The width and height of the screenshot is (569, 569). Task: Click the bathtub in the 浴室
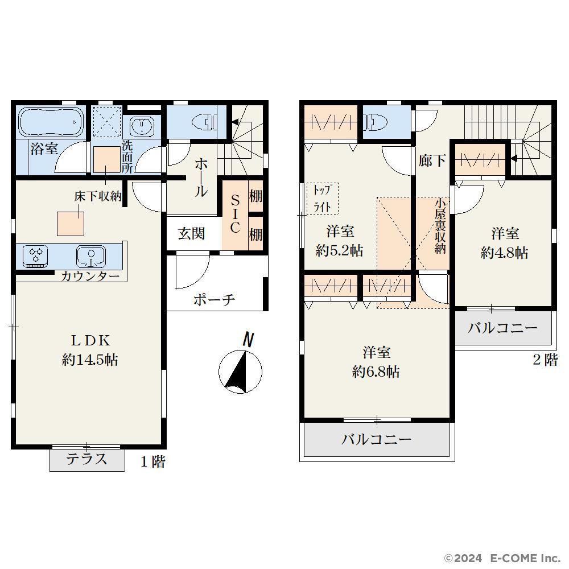coord(51,122)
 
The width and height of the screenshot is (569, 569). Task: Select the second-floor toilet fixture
coord(375,122)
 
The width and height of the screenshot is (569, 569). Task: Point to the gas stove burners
coord(35,255)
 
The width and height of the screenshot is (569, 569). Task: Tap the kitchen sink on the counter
coord(91,256)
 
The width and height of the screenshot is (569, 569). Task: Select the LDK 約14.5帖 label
coord(90,350)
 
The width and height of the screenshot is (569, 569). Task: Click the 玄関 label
coord(191,233)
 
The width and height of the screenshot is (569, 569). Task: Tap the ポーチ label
coord(214,300)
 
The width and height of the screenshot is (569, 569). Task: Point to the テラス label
coord(86,459)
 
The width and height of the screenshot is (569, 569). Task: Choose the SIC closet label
coord(235,214)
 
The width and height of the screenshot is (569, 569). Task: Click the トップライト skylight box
coord(322,198)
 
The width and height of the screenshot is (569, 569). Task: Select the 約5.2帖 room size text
coord(339,251)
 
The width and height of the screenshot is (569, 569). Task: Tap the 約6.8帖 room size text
coord(376,372)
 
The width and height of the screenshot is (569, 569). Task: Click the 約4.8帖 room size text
coord(504,253)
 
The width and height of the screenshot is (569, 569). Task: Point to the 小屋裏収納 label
coord(440,226)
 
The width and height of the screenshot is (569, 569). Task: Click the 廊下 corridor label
coord(432,160)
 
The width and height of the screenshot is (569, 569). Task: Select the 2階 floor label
coord(546,360)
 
